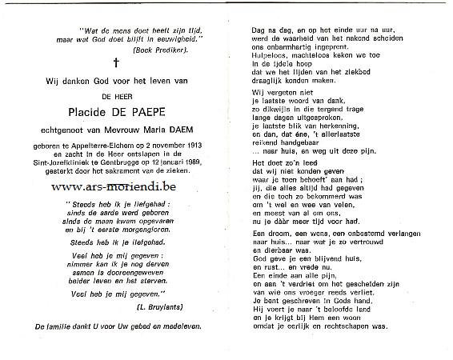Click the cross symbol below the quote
(x=115, y=63)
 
